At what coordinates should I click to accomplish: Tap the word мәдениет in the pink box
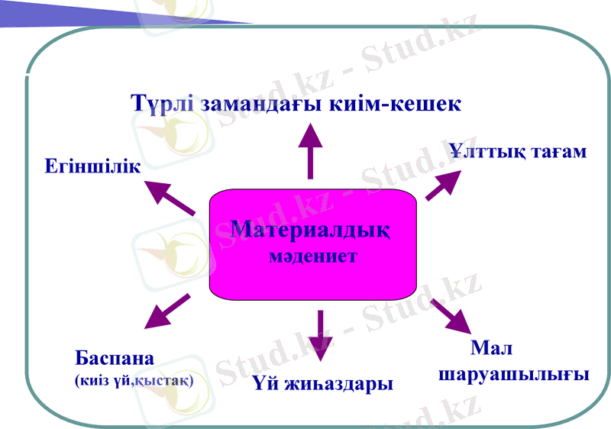(x=313, y=256)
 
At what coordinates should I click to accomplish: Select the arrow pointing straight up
(x=310, y=150)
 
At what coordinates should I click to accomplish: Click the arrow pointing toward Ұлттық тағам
(x=445, y=184)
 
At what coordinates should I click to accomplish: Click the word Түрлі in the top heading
(x=162, y=103)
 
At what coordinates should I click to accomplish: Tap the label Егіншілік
(x=92, y=166)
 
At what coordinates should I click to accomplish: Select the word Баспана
(x=115, y=357)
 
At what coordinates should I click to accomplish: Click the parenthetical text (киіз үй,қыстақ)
(x=134, y=379)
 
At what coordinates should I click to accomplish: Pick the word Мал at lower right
(x=491, y=349)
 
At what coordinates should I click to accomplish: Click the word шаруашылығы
(x=511, y=375)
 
